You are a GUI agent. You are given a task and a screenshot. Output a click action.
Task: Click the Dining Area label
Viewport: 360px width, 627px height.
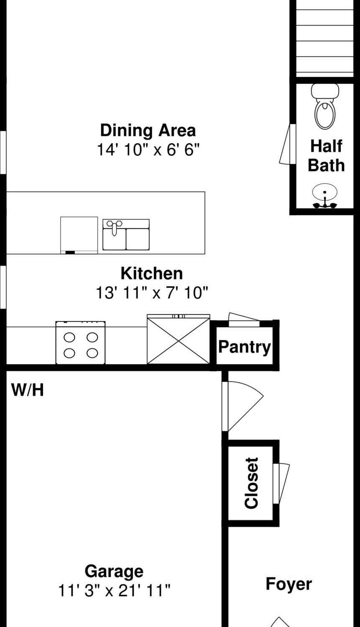(x=148, y=130)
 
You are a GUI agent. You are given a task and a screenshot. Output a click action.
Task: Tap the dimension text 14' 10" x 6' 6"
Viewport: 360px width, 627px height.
(x=148, y=150)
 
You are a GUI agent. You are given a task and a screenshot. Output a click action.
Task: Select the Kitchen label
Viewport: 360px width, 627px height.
(x=152, y=273)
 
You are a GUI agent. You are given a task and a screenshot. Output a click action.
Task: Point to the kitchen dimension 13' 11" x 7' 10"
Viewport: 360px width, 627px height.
(x=152, y=293)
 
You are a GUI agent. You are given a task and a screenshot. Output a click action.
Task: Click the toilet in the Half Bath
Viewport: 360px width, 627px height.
(x=325, y=106)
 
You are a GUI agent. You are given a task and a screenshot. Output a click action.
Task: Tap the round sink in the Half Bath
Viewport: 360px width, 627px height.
(x=325, y=196)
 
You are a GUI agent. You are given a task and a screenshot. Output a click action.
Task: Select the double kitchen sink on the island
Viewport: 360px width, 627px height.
(x=126, y=234)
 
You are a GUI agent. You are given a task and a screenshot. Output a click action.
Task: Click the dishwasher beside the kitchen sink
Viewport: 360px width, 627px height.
(x=79, y=235)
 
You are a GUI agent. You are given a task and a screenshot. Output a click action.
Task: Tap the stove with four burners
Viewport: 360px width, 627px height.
(x=81, y=343)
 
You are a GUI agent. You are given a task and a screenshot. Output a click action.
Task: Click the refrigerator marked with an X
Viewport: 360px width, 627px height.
(x=179, y=339)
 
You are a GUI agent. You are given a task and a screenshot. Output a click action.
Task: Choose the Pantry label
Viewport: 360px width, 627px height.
(x=245, y=347)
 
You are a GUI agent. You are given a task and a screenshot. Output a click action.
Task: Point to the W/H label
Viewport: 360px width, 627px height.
(x=28, y=390)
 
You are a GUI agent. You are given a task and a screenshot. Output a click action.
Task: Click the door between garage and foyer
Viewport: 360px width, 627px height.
(x=243, y=406)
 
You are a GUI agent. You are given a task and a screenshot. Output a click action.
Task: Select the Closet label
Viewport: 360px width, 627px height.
(x=251, y=483)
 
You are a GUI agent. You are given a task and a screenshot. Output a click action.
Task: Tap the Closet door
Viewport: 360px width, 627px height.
(x=281, y=483)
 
